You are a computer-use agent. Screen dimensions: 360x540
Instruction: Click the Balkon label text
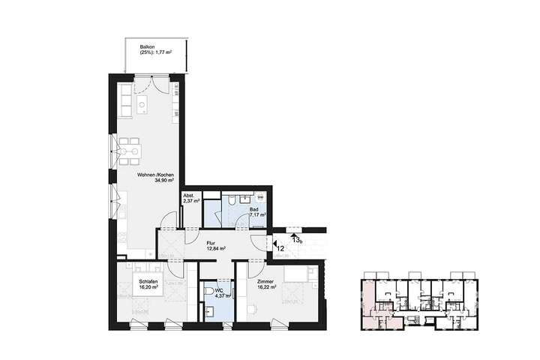147,46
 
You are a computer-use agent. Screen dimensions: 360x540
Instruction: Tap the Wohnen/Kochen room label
155,175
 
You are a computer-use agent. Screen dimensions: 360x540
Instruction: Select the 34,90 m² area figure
163,181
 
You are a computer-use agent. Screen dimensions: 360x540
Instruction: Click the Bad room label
254,209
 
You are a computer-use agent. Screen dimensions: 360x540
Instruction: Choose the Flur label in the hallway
211,243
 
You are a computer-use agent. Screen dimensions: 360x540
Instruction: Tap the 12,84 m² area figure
217,249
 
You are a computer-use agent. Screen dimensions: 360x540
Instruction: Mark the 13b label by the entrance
297,240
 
